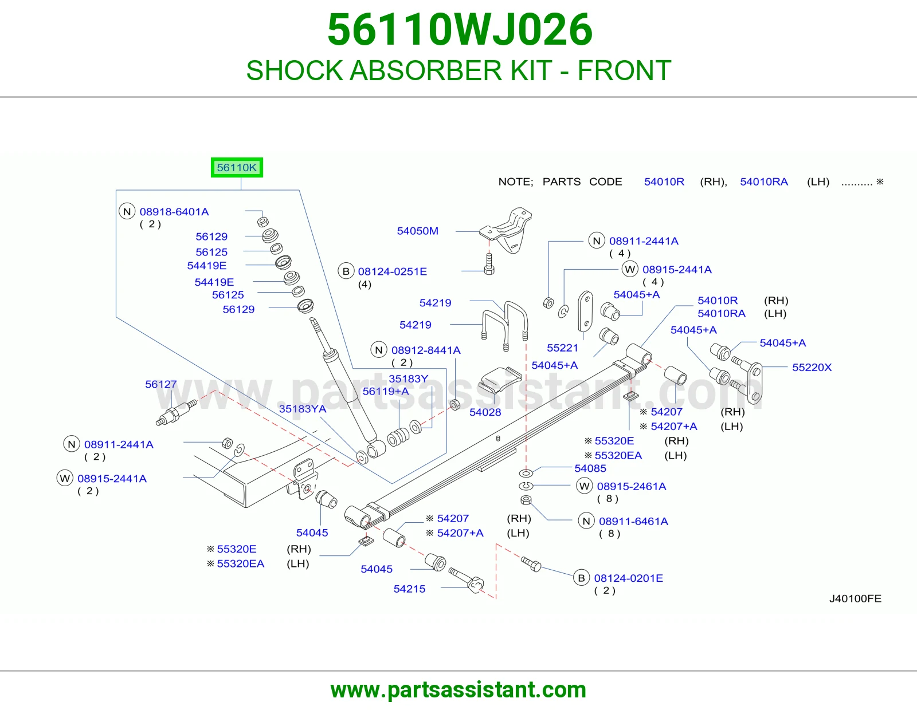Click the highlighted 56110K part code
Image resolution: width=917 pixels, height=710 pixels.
(237, 167)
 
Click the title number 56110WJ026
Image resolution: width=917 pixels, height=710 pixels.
(460, 30)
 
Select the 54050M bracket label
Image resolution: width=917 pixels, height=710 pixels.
(417, 231)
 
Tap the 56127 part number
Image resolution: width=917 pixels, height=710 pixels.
(161, 384)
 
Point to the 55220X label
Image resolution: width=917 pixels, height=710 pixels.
(812, 367)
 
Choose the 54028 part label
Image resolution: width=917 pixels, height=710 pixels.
(485, 412)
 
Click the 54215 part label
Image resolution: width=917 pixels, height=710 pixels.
(409, 589)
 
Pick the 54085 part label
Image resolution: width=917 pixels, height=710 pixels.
(590, 468)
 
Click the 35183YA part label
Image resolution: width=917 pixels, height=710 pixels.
(303, 409)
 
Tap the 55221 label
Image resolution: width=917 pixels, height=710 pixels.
(562, 348)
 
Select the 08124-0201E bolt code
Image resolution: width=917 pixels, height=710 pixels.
(628, 578)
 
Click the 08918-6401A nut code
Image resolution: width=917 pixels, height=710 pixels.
(174, 212)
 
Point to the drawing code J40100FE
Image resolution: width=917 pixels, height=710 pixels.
(855, 599)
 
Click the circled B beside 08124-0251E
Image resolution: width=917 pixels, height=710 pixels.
(346, 271)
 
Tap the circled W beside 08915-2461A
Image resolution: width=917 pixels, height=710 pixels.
(585, 486)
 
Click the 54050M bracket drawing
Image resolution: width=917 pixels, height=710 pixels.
(507, 230)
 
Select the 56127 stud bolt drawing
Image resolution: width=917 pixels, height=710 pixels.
(177, 413)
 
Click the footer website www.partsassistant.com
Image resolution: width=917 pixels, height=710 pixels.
(458, 690)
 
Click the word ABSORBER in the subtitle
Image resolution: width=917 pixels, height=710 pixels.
(426, 70)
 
